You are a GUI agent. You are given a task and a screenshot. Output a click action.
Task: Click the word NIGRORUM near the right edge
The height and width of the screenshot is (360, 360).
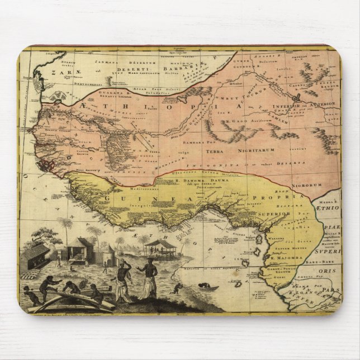point(323,185)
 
